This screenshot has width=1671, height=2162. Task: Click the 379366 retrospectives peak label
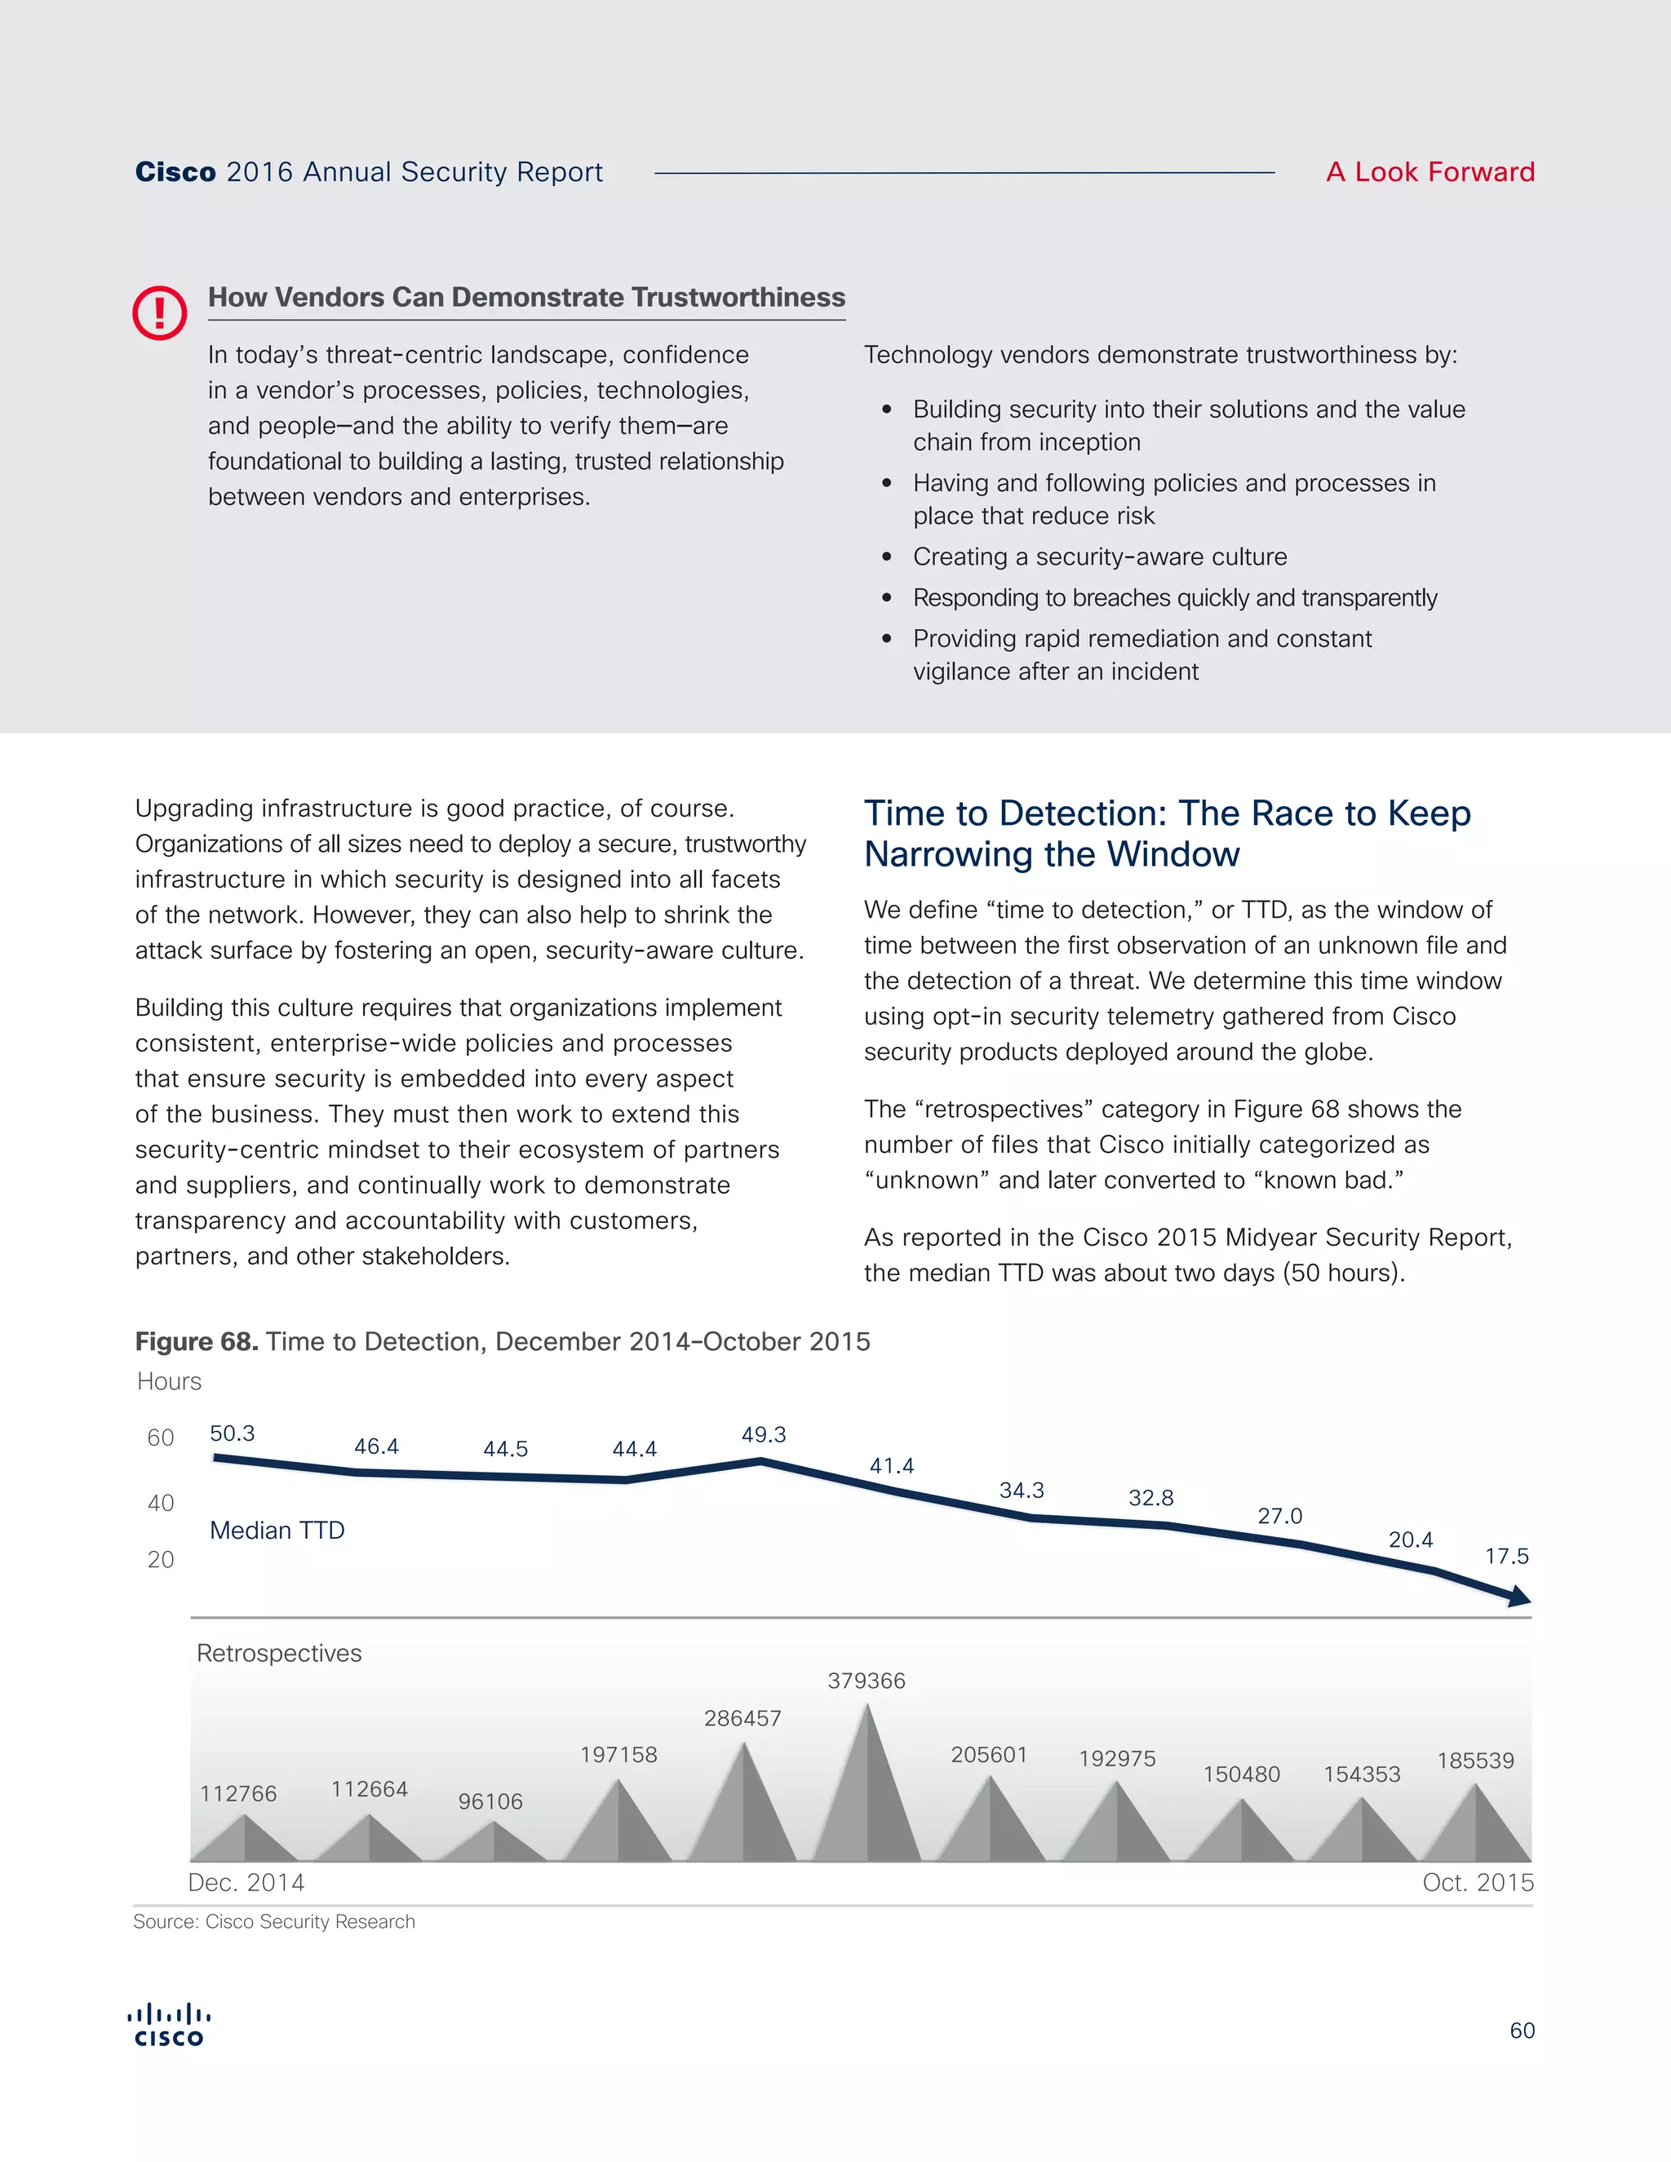tap(867, 1680)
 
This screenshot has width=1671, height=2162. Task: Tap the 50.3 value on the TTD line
tap(232, 1433)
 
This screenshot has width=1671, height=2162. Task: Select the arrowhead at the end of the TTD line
tap(1518, 1596)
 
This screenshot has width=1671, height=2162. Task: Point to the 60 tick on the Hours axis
tap(161, 1438)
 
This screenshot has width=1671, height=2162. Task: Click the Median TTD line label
tap(277, 1531)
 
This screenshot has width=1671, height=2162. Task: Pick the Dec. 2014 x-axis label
tap(246, 1882)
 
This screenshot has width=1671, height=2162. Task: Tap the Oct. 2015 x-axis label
tap(1477, 1882)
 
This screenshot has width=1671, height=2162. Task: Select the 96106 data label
tap(490, 1801)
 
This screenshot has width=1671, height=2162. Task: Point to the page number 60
tap(1522, 2031)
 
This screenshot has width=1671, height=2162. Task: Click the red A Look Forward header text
tap(1429, 172)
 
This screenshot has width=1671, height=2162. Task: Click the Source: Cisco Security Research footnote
tap(274, 1921)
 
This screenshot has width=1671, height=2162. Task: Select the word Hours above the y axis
tap(169, 1381)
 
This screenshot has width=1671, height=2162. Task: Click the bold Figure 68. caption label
tap(196, 1341)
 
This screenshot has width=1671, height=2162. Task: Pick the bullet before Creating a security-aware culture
tap(887, 557)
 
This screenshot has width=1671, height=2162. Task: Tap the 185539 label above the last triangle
tap(1475, 1760)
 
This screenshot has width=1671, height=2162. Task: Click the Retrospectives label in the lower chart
tap(279, 1653)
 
